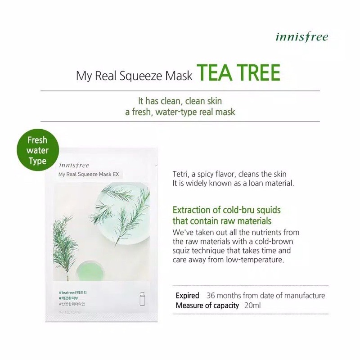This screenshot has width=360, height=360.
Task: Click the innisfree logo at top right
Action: coord(301,36)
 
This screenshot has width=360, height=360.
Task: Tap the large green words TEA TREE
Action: coord(238,73)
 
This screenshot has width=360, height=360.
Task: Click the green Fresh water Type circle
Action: coord(37,151)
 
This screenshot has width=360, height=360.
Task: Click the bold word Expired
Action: coord(188,296)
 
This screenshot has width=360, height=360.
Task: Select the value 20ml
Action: coord(253,305)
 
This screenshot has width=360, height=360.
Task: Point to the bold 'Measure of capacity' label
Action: coord(207,305)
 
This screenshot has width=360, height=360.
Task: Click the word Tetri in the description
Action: coord(181,174)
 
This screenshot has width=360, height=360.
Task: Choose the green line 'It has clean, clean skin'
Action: coord(180,101)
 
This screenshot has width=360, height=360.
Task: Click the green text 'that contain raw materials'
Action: coord(222,221)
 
